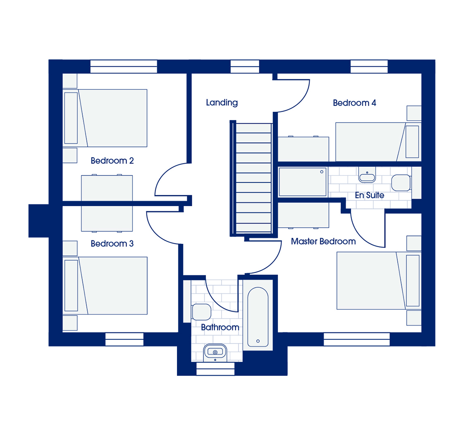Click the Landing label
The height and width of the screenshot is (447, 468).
click(x=222, y=103)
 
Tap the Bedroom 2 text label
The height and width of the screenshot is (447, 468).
click(x=112, y=161)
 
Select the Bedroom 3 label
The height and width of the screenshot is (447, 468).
click(x=112, y=243)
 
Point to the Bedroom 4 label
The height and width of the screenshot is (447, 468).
click(x=354, y=103)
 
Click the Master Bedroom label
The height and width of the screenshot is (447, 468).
click(x=323, y=241)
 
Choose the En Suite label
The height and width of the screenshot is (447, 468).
click(x=370, y=195)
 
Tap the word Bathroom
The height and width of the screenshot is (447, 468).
click(x=220, y=327)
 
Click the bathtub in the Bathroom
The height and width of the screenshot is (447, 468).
click(x=258, y=317)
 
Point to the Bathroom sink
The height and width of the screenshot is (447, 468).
click(x=215, y=353)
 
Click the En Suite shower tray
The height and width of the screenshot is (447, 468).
click(x=303, y=182)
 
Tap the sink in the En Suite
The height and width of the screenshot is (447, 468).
click(x=367, y=175)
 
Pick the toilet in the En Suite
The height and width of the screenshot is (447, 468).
click(x=401, y=183)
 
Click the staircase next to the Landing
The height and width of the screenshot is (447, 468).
click(x=253, y=178)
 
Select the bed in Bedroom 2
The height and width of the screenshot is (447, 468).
click(x=105, y=118)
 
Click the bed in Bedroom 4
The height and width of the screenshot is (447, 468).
click(x=378, y=142)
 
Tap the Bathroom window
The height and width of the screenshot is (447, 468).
click(x=215, y=369)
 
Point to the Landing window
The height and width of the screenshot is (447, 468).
click(x=245, y=66)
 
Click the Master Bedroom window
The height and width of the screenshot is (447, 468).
click(x=357, y=339)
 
